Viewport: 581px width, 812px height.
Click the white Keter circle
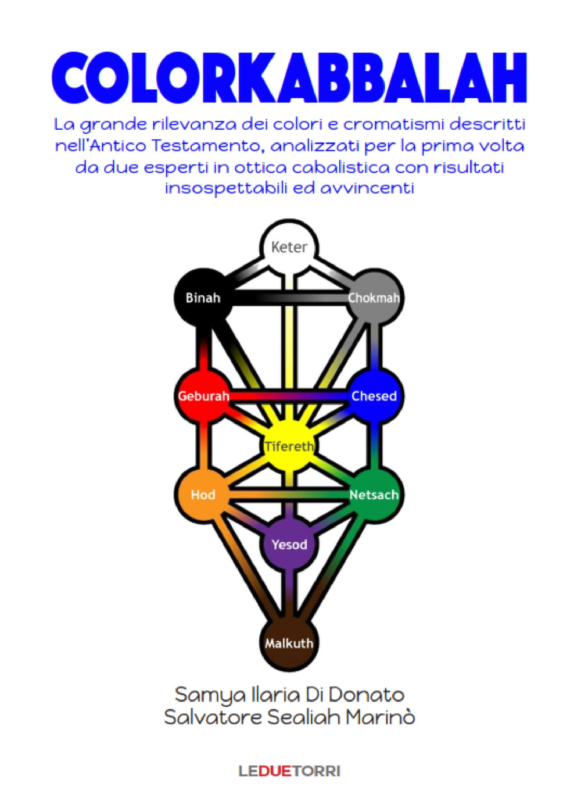coord(289,248)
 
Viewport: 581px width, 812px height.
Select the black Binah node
coord(203,298)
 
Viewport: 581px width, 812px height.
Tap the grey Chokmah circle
coord(375,298)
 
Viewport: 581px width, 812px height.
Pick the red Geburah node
coord(203,396)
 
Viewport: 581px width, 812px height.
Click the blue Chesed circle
coord(375,396)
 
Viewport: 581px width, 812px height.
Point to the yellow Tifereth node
coord(289,446)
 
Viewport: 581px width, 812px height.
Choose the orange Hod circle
coord(203,495)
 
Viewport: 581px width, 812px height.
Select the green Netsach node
coord(375,495)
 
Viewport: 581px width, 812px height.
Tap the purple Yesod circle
coord(289,545)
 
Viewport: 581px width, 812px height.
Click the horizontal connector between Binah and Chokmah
coord(289,298)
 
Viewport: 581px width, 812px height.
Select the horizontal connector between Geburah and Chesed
coord(289,396)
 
